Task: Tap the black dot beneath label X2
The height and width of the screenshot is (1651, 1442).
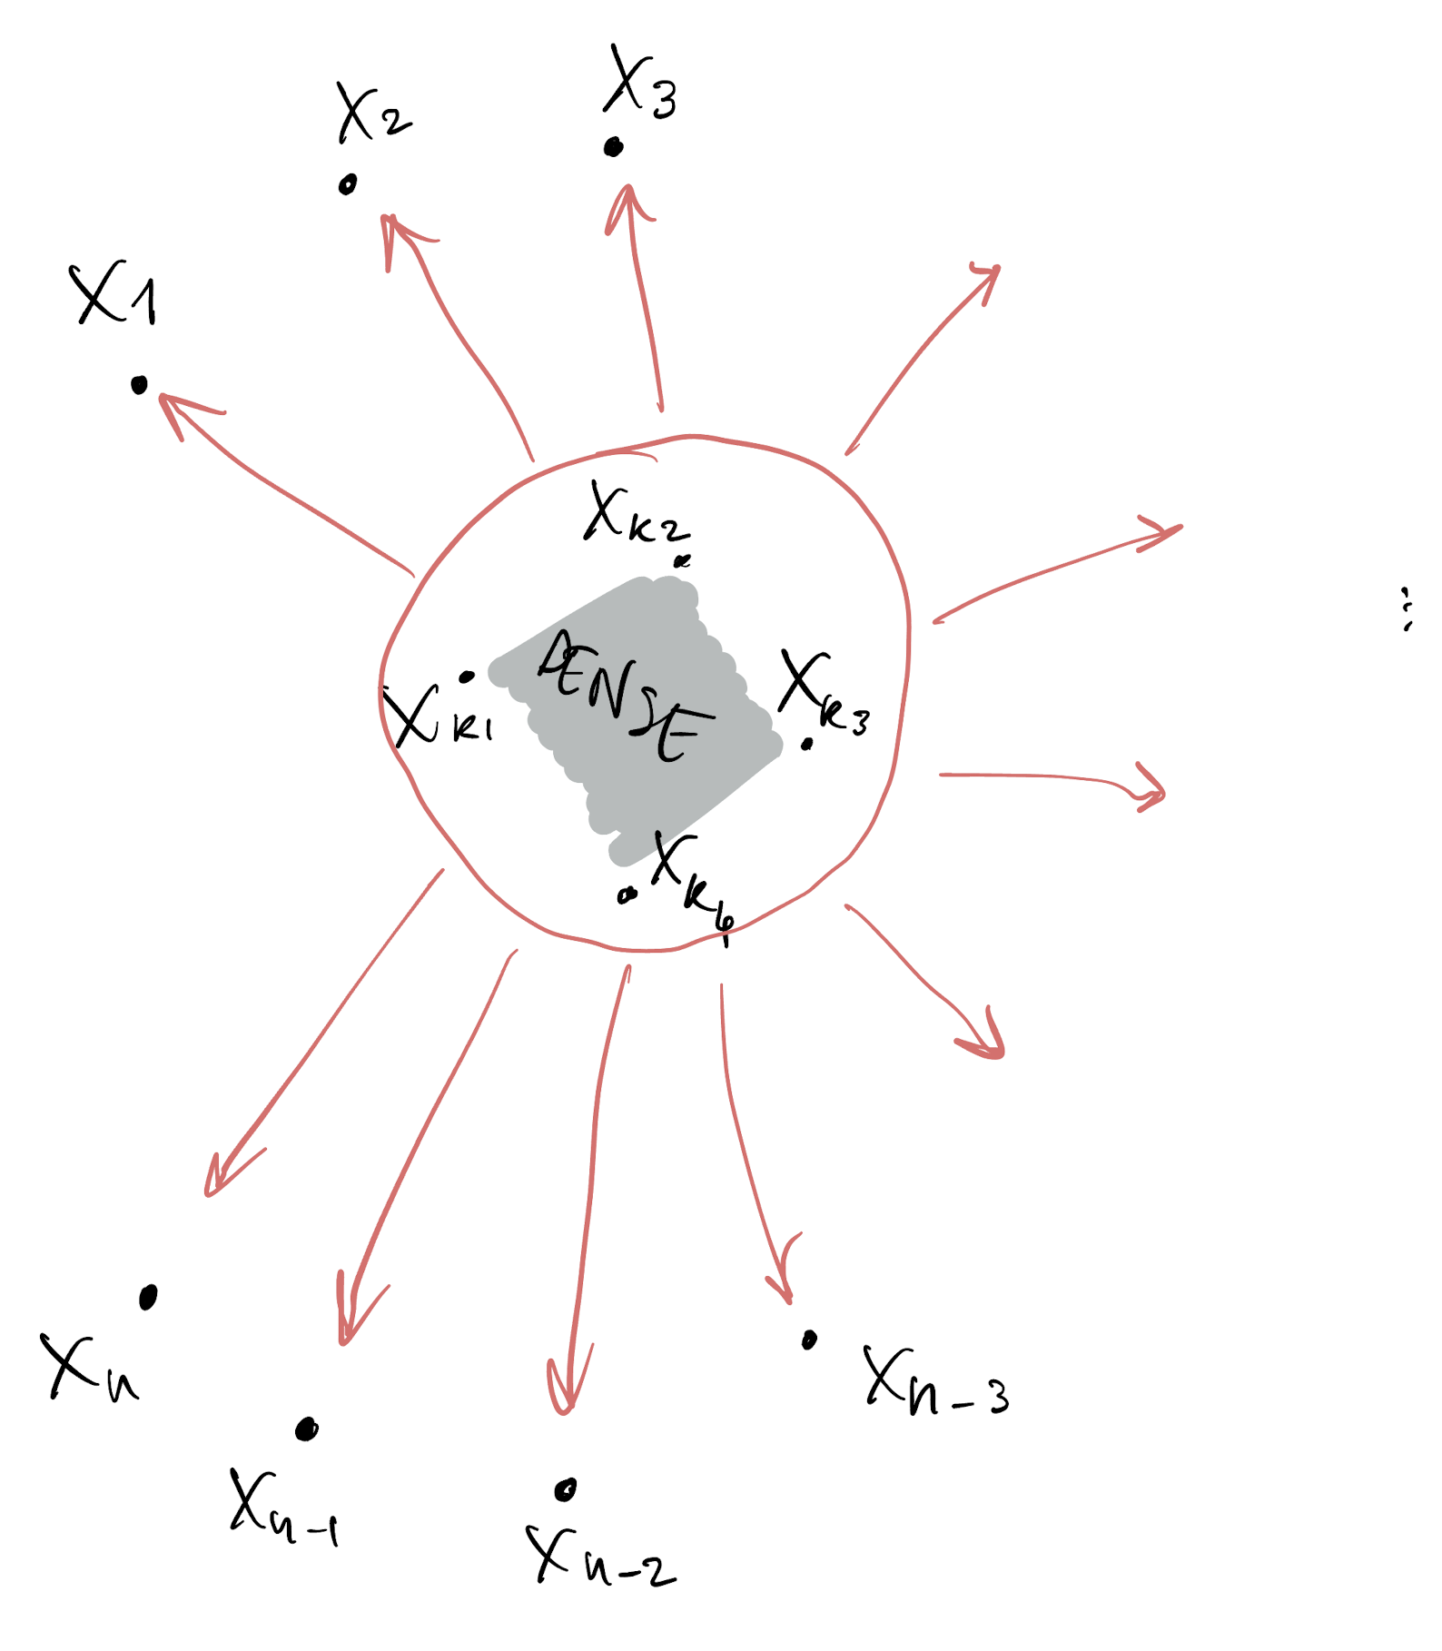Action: pos(347,184)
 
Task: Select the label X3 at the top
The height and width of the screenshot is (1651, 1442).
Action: pos(640,84)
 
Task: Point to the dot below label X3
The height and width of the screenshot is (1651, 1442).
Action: pos(614,147)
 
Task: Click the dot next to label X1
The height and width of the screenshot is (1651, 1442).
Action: pos(139,386)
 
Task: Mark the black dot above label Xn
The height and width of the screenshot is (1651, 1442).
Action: pos(148,1297)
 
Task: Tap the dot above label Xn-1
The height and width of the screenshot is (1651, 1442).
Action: pos(307,1429)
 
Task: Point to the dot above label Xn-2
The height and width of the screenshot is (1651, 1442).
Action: pos(566,1489)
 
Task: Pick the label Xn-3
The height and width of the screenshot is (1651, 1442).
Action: pos(935,1380)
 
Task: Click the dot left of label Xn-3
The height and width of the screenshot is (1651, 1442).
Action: pos(809,1340)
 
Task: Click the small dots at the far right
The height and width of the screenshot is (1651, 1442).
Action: pos(1407,608)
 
